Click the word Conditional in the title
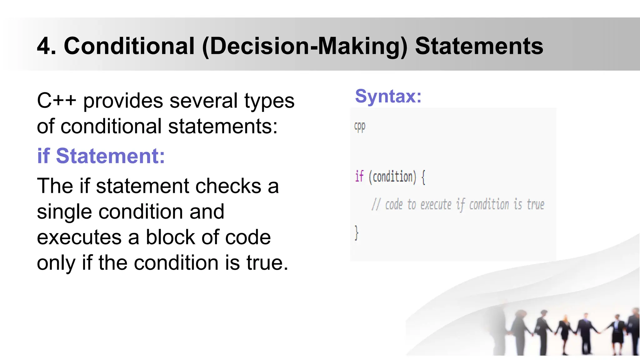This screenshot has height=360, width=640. click(x=129, y=46)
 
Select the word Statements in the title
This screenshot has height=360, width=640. click(x=479, y=46)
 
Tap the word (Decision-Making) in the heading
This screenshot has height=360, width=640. click(x=305, y=47)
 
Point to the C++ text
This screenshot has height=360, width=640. click(x=56, y=101)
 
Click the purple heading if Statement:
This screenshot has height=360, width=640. click(x=101, y=156)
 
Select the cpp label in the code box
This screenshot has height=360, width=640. click(x=360, y=127)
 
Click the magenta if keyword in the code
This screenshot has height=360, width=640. click(x=359, y=177)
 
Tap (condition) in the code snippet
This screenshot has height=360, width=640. click(x=392, y=177)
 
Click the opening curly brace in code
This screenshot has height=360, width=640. click(x=423, y=177)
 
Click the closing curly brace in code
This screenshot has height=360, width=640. click(x=356, y=233)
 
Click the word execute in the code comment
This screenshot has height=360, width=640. click(x=436, y=205)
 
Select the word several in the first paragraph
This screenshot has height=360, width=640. click(x=203, y=101)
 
